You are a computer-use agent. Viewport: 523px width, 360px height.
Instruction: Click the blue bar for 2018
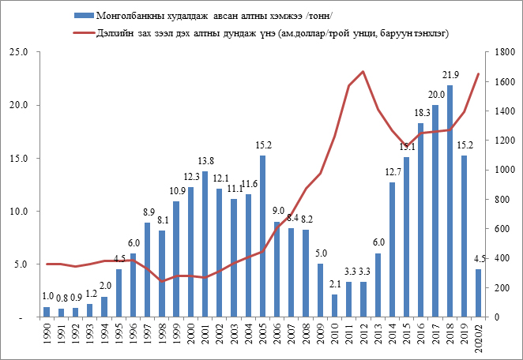click(450, 201)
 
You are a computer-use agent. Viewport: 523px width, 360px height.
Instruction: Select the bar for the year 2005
click(262, 237)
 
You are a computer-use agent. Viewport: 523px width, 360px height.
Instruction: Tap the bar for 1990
click(47, 312)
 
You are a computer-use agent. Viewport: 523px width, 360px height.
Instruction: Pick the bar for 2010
click(334, 306)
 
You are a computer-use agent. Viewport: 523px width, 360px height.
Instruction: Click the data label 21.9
click(450, 77)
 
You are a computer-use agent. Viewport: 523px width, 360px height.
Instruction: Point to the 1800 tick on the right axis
click(496, 52)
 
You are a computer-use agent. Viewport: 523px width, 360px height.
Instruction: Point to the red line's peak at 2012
click(363, 71)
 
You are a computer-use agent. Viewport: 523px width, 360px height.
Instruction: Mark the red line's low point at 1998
click(161, 281)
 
